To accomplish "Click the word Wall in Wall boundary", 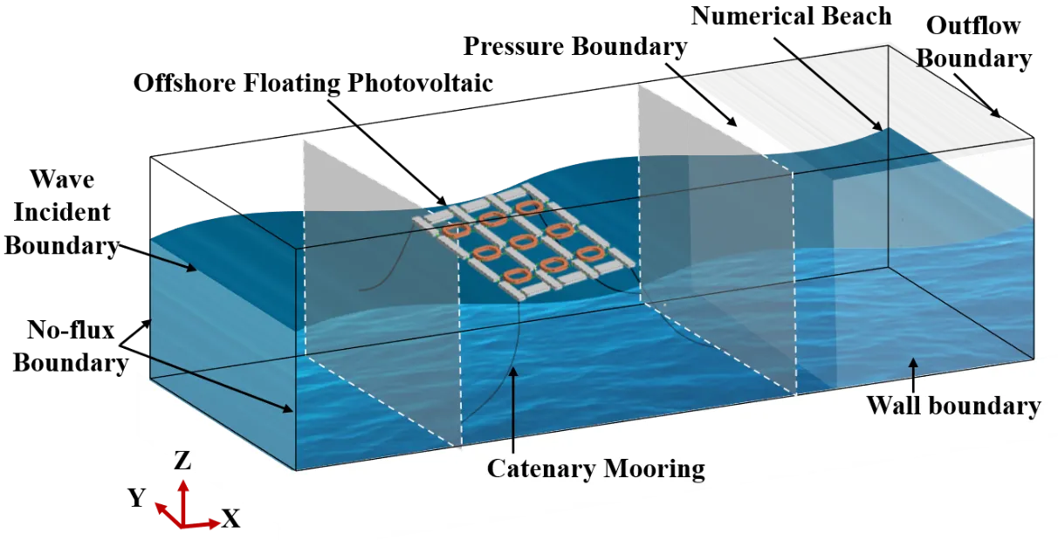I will pos(895,406).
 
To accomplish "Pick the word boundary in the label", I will pos(986,406).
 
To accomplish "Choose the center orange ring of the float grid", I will pos(521,241).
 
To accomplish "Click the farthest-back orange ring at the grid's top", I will pos(527,207).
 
